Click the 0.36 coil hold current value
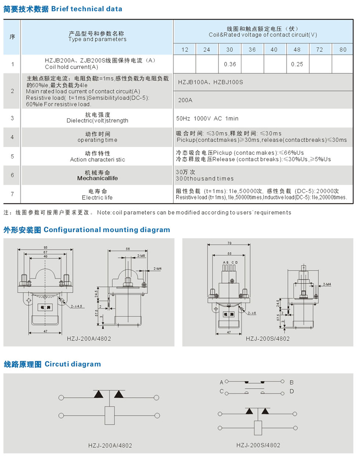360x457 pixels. pos(230,64)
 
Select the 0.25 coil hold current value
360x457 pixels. pos(297,64)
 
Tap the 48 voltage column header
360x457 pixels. pos(297,50)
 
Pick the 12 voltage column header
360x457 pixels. pos(185,50)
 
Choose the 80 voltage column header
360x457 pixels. pos(343,50)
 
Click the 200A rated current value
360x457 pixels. pos(185,100)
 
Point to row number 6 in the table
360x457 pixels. pos(12,175)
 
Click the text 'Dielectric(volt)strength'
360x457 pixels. pos(97,121)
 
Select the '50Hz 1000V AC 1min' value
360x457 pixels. pos(207,118)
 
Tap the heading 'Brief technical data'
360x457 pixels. pos(86,9)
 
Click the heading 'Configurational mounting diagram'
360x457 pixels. pos(107,230)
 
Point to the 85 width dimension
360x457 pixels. pos(45,247)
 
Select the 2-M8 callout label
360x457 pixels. pos(142,255)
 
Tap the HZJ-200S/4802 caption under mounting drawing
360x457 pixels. pos(268,339)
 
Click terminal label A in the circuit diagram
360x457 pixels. pos(221,382)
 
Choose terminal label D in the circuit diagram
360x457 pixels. pos(292,391)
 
